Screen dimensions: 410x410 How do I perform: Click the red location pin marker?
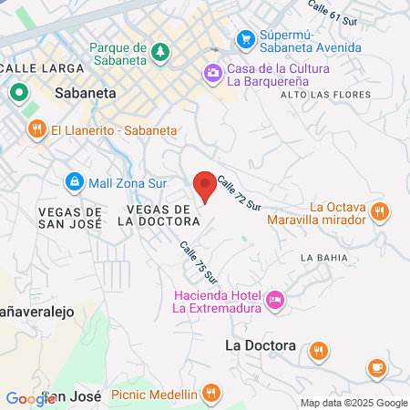coord(205,185)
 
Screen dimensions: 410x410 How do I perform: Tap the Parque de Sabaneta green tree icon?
coord(161,50)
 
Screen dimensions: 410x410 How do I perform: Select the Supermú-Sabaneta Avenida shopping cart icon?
coord(244,38)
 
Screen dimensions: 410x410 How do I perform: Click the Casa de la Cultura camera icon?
coord(212,71)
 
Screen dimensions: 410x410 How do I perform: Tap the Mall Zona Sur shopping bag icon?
coord(75,182)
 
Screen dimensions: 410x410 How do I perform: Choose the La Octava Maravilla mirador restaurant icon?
coord(381,213)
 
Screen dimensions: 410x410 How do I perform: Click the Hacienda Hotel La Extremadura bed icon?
coord(275,300)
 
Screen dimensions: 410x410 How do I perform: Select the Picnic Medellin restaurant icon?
coord(211,394)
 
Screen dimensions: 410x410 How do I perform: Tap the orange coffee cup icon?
coord(376,367)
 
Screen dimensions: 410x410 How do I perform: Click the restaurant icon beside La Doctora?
coord(318,350)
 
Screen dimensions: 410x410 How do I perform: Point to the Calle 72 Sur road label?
coord(239,193)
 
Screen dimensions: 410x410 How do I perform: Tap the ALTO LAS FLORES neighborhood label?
coord(315,95)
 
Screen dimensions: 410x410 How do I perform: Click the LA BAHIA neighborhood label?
coord(323,258)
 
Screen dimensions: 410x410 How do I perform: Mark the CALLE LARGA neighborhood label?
coord(44,67)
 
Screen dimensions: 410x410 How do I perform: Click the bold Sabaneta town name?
coord(85,92)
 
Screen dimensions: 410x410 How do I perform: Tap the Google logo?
coord(30,398)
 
